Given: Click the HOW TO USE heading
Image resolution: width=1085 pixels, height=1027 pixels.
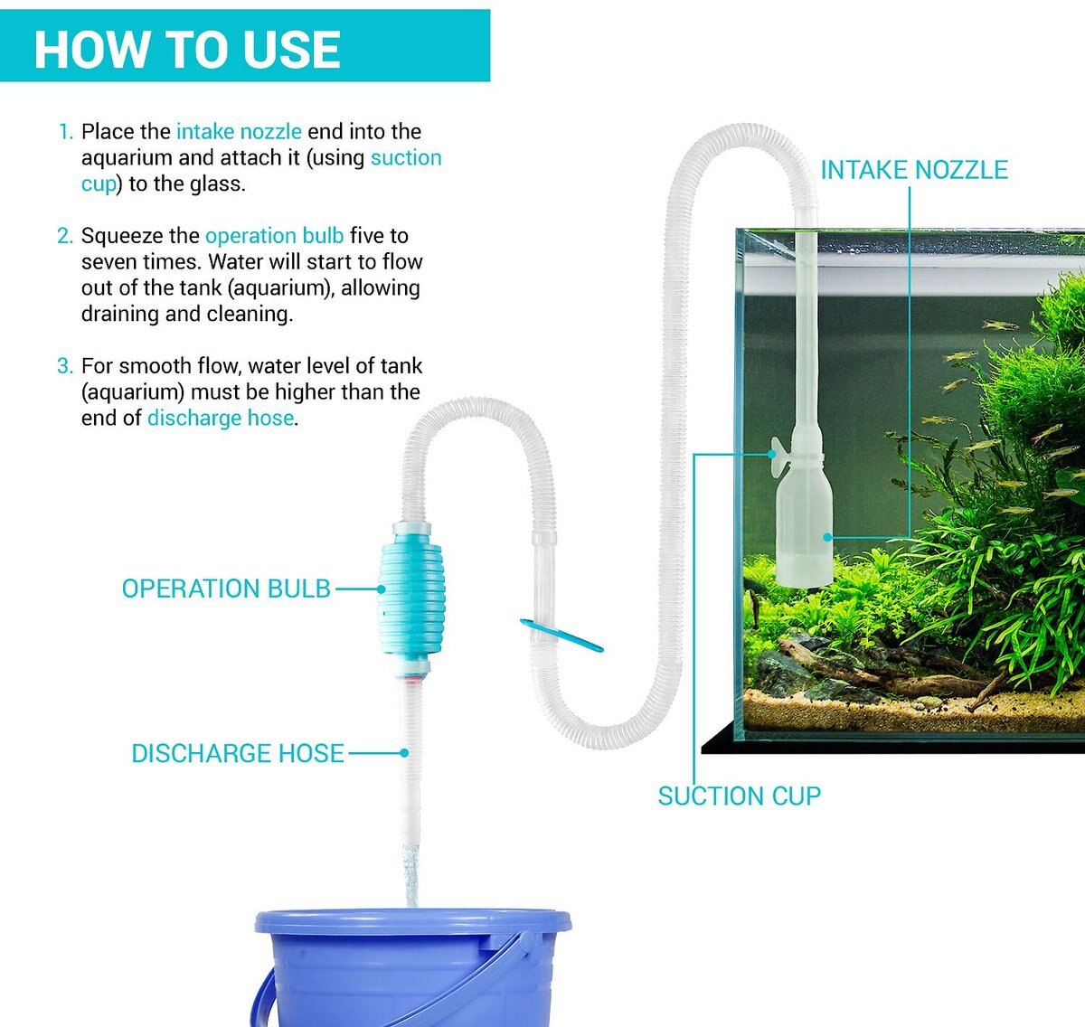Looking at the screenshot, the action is pos(187,50).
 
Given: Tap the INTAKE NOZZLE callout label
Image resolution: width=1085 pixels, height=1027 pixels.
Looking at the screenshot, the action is pos(914,170).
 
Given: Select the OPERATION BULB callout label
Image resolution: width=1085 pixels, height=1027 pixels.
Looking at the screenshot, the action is pos(226,589).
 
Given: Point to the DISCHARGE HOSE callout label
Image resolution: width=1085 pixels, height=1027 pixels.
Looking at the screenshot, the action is pos(238,753).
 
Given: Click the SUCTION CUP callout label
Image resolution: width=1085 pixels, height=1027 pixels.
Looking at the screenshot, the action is pos(740,796).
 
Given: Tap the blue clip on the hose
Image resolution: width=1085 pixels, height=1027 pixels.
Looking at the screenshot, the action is pos(561,636).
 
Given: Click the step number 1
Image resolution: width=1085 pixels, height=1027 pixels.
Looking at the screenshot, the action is pos(66,132).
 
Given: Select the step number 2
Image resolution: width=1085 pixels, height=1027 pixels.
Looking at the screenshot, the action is pos(65,236).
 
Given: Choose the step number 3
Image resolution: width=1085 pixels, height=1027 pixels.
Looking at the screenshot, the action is pos(65,366).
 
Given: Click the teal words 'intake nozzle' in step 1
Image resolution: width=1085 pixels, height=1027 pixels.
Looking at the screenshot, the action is pos(239,132).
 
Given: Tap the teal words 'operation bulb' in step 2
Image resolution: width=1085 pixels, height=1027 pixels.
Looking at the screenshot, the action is pos(275,236).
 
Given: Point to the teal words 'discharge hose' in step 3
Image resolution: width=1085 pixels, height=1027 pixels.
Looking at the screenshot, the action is pos(221,419).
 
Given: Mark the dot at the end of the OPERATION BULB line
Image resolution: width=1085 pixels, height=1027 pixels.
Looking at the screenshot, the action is pos(381,589).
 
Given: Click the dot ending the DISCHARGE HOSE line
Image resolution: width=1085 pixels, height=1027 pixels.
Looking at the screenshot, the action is pos(404,753).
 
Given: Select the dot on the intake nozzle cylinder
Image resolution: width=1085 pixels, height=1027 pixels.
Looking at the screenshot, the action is pos(826,537).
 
